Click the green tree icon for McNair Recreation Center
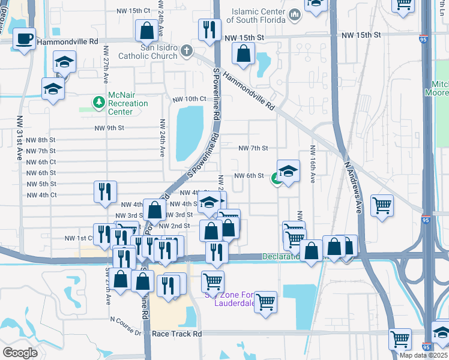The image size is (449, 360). pyautogui.click(x=98, y=103)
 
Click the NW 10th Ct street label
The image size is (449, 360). pyautogui.click(x=189, y=99)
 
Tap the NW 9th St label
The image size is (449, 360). pyautogui.click(x=109, y=128)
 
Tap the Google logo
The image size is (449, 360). pyautogui.click(x=20, y=352)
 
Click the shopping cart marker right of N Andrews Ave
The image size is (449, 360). pyautogui.click(x=382, y=206)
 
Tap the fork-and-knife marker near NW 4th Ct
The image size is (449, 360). pyautogui.click(x=105, y=192)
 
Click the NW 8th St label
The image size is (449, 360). pyautogui.click(x=41, y=139)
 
